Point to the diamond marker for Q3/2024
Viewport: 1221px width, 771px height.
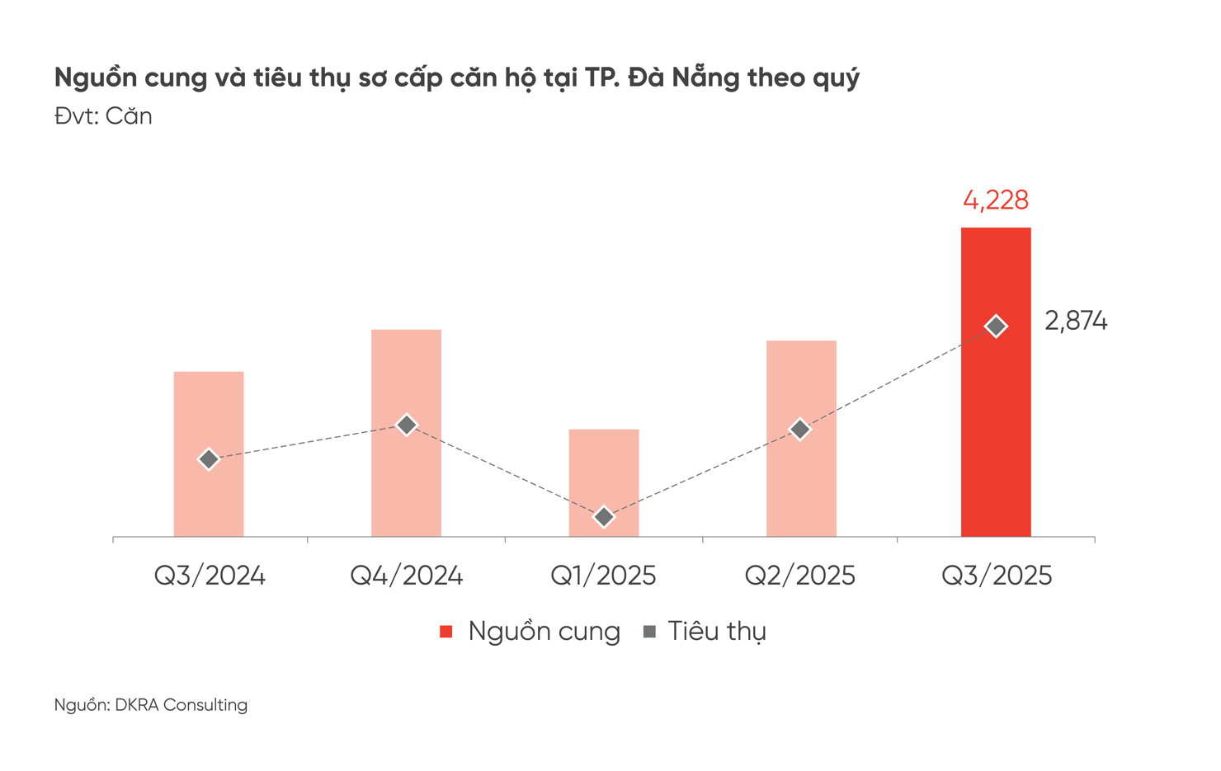pyautogui.click(x=209, y=459)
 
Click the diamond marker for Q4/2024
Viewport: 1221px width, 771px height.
pyautogui.click(x=406, y=425)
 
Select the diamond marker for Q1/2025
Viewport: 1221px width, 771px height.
pyautogui.click(x=604, y=517)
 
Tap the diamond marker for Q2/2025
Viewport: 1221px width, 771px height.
pyautogui.click(x=799, y=430)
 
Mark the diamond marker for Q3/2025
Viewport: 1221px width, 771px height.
pyautogui.click(x=996, y=327)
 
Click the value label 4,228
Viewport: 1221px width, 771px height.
pyautogui.click(x=996, y=200)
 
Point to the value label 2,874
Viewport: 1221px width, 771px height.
pyautogui.click(x=1076, y=321)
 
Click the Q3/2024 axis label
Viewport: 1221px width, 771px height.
pyautogui.click(x=210, y=576)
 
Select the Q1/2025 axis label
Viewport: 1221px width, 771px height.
pyautogui.click(x=603, y=576)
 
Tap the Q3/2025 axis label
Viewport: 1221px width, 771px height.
pyautogui.click(x=997, y=576)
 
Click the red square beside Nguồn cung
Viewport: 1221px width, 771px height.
pyautogui.click(x=446, y=632)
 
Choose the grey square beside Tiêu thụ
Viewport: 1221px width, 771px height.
pyautogui.click(x=649, y=632)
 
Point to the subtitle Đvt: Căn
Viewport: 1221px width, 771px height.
pyautogui.click(x=103, y=116)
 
